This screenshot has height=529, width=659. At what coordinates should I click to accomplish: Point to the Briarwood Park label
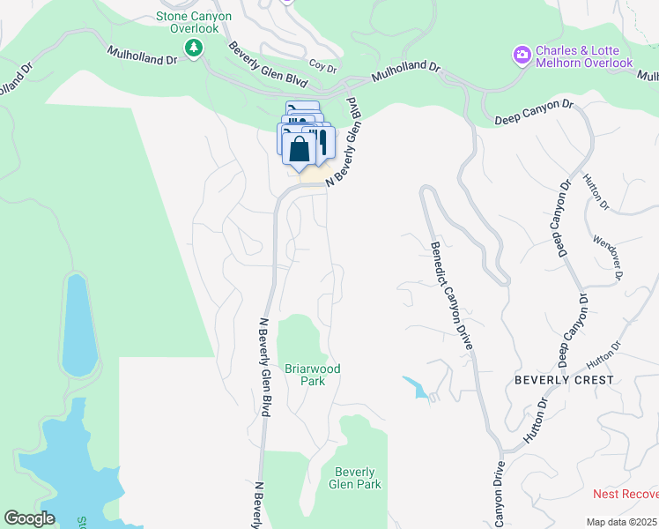pyautogui.click(x=312, y=375)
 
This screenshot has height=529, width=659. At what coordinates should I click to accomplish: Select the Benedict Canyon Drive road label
pyautogui.click(x=451, y=294)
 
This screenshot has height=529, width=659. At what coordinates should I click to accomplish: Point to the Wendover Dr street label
pyautogui.click(x=608, y=257)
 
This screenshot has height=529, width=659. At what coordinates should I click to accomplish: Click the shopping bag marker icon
pyautogui.click(x=300, y=148)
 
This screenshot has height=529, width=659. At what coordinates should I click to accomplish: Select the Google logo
pyautogui.click(x=29, y=518)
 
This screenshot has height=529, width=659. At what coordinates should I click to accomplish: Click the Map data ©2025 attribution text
pyautogui.click(x=622, y=522)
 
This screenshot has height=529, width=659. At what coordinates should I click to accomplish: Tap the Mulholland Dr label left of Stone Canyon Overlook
pyautogui.click(x=142, y=54)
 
